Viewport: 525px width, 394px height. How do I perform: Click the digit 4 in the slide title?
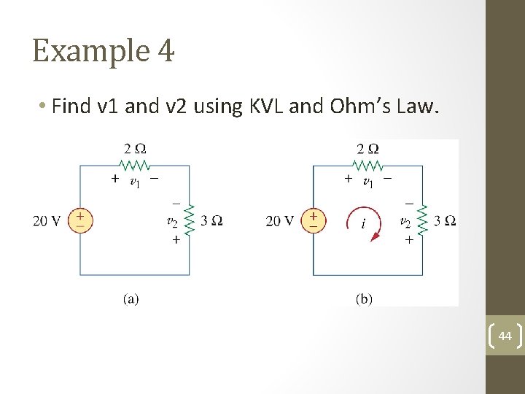click(x=165, y=50)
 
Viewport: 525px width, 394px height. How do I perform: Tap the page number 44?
click(x=505, y=336)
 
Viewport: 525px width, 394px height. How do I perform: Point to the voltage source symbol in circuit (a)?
click(x=80, y=220)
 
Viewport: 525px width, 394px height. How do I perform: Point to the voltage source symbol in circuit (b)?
click(x=314, y=220)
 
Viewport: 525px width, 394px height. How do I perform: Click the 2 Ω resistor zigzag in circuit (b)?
click(x=367, y=165)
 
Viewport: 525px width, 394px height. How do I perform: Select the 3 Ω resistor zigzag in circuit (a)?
click(x=190, y=220)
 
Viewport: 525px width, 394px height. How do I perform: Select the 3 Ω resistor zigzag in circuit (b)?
click(x=423, y=220)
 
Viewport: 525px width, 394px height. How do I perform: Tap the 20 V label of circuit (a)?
click(x=47, y=221)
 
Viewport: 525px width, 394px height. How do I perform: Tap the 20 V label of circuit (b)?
click(x=280, y=221)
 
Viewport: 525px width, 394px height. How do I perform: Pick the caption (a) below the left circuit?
click(x=131, y=298)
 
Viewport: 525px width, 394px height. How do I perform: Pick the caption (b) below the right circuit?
click(x=364, y=298)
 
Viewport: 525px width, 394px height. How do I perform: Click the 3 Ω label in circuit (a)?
click(x=211, y=221)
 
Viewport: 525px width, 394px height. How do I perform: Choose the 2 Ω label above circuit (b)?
click(x=367, y=149)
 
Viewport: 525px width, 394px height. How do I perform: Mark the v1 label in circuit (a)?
click(x=135, y=182)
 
